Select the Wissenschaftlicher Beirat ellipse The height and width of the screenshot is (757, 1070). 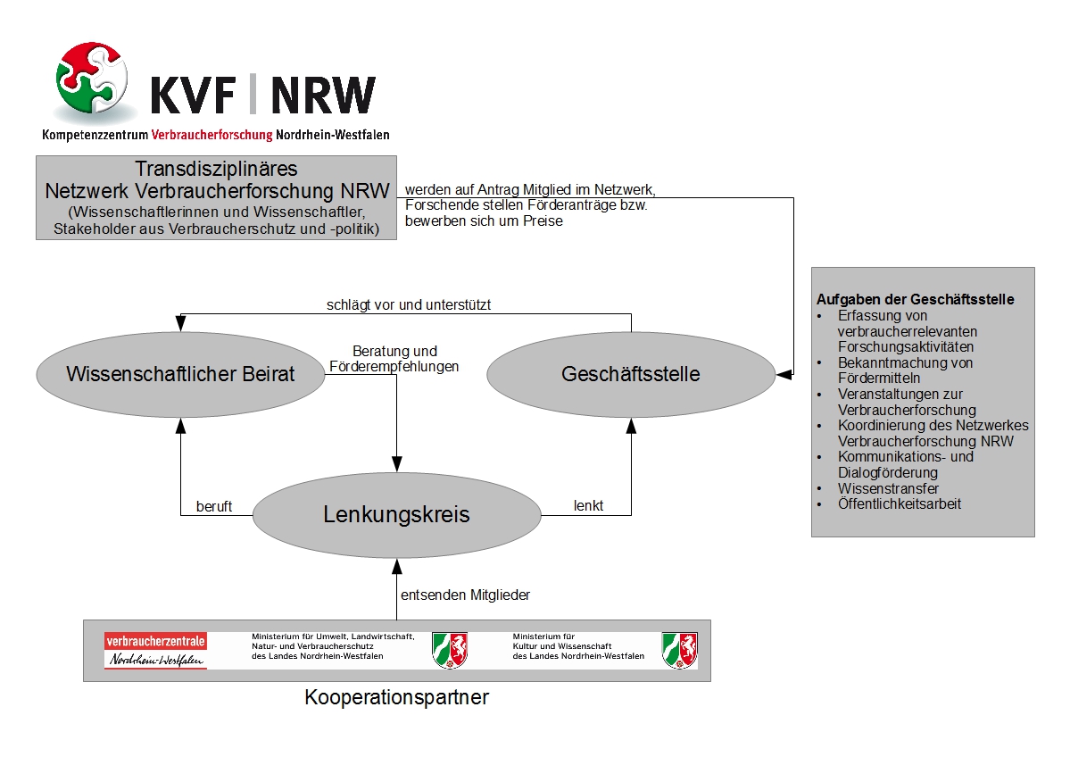(180, 374)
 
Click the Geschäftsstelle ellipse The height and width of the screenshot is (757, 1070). (631, 374)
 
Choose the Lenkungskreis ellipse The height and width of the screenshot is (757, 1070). (396, 515)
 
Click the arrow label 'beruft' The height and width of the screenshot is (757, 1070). (214, 506)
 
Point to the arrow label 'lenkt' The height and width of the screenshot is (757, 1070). (588, 506)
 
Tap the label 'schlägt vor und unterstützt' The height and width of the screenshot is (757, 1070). (409, 304)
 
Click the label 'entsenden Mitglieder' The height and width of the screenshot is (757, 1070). (467, 594)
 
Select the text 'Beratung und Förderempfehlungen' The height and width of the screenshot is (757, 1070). (394, 358)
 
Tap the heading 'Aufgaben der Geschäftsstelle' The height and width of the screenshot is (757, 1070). (915, 299)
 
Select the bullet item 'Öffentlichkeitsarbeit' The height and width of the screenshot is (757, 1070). (900, 503)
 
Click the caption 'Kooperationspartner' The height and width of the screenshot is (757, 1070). (396, 697)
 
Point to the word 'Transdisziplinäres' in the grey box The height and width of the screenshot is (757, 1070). (216, 169)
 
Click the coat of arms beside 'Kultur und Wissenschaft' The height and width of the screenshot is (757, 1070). (680, 650)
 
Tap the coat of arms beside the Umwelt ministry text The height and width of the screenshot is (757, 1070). (450, 650)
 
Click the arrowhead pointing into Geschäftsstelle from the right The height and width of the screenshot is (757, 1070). (783, 374)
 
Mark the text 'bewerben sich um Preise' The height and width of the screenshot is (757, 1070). (484, 220)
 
